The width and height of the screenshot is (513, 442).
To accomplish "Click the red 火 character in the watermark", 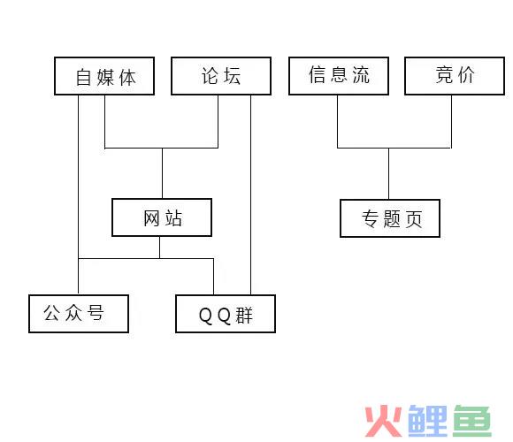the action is point(384,421).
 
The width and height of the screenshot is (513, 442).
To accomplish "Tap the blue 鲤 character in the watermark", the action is point(427,421).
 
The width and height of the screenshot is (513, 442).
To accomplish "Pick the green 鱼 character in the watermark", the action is point(472,421).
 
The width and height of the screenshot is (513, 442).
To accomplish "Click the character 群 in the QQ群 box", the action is point(244,316).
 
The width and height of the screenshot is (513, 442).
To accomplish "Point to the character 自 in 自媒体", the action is point(83,78).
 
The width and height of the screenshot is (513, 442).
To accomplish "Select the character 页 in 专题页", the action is point(414,218).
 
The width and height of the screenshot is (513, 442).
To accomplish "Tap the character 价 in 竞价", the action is point(466,75).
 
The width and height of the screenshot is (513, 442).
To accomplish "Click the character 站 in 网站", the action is point(173,218).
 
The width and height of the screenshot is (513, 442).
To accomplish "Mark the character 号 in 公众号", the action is point(96,313).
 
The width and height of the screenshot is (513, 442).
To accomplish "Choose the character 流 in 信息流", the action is point(361,75).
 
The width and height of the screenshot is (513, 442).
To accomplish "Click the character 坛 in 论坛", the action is point(233,76).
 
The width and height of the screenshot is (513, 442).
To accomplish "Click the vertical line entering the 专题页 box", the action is point(388,173).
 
